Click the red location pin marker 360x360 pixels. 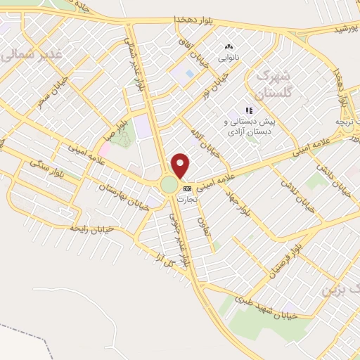181,165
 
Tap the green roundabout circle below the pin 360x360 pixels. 169,185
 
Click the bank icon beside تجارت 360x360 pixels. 187,188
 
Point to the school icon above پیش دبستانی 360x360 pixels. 248,110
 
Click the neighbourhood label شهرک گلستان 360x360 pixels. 262,82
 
